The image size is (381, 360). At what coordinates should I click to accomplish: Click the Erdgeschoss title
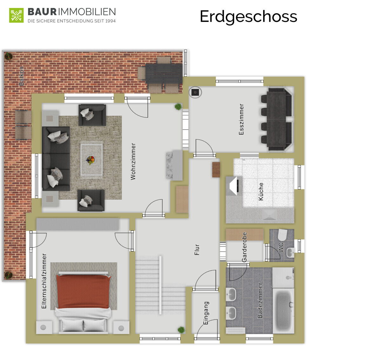(248, 17)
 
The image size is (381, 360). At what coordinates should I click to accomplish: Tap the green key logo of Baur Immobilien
(16, 15)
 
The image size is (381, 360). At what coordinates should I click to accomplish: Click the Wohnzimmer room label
(133, 161)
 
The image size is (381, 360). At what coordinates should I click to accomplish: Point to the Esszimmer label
(241, 119)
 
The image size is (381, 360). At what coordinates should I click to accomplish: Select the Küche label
(261, 191)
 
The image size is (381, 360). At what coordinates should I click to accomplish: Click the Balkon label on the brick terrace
(21, 76)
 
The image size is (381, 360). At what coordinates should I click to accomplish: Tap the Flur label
(197, 250)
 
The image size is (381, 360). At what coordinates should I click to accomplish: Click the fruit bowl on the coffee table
(91, 160)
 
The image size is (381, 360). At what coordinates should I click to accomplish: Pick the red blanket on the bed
(84, 291)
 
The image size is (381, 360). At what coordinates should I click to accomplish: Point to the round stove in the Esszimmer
(195, 92)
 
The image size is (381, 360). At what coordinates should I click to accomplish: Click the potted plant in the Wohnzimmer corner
(178, 107)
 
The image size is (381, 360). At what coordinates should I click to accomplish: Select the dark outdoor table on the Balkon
(164, 74)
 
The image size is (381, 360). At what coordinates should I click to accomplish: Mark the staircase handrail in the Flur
(160, 285)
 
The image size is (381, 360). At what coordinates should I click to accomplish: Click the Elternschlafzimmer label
(44, 281)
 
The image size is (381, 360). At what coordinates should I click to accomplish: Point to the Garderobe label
(244, 247)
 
